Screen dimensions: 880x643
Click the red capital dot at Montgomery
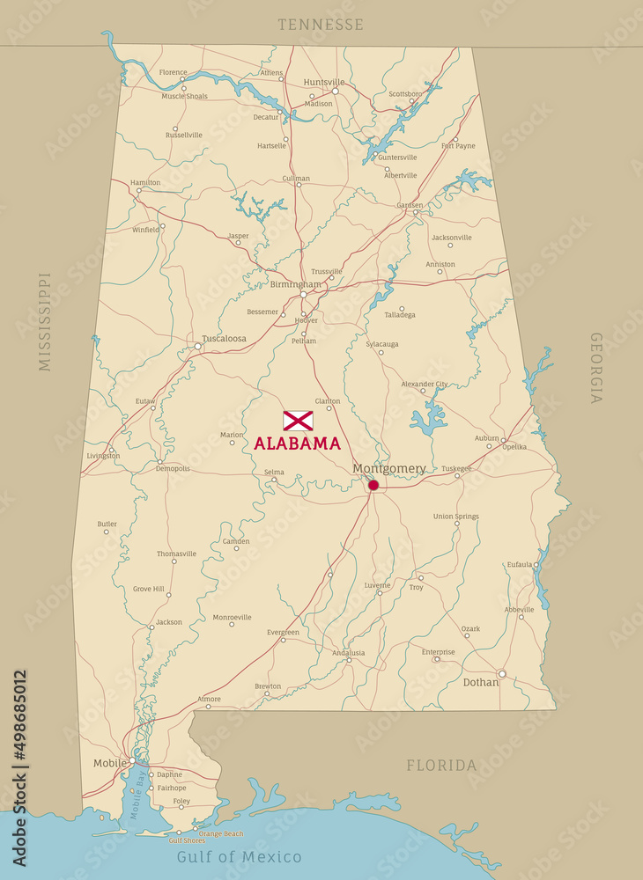point(373,485)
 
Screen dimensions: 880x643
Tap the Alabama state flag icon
point(298,421)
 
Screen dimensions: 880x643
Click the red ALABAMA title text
point(298,444)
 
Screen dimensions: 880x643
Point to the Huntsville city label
point(324,82)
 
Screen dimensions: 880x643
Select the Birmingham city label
point(296,284)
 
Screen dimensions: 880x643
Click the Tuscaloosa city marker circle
point(198,347)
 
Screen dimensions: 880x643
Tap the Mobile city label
point(109,763)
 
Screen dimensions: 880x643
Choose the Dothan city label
point(480,682)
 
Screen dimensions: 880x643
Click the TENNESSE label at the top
point(321,25)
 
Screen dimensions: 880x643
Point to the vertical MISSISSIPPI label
point(45,321)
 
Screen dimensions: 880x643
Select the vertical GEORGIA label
point(596,368)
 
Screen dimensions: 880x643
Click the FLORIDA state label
point(441,766)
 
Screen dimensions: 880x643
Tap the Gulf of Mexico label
point(239,857)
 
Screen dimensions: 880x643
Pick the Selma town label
point(274,473)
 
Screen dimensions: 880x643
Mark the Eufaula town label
point(520,564)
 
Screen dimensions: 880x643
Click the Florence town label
point(174,72)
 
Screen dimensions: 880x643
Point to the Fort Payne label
point(458,146)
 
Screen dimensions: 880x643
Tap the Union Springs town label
point(456,517)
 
